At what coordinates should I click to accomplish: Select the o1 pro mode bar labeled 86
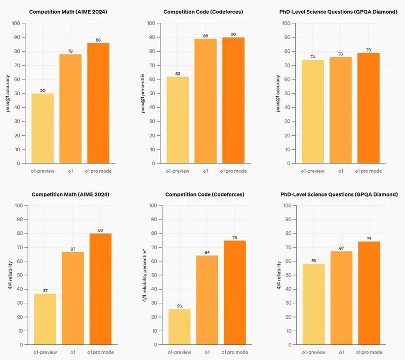[98, 103]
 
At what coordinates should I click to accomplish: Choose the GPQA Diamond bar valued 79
[368, 108]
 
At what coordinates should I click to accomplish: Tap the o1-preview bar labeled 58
[314, 304]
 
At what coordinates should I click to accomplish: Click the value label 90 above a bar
[233, 34]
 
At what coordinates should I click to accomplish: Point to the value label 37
[46, 290]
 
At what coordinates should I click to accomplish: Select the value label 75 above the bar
[234, 237]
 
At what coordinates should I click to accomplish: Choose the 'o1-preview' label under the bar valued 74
[313, 171]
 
